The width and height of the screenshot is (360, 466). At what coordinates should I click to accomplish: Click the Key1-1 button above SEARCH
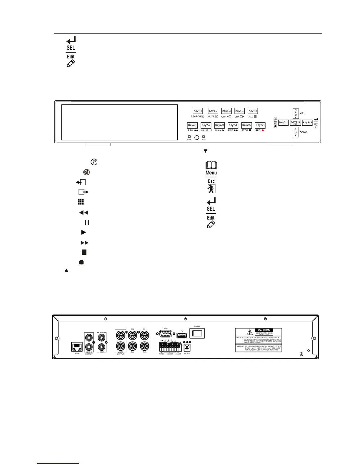[x=198, y=111]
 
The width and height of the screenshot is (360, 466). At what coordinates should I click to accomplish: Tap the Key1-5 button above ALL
[x=253, y=111]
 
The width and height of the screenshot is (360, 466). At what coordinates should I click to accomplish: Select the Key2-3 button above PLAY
[x=219, y=125]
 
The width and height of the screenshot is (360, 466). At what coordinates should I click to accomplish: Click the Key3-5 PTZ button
[x=295, y=122]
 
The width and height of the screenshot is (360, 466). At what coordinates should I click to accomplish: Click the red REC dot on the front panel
[x=263, y=130]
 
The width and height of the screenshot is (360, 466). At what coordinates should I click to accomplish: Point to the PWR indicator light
[x=189, y=137]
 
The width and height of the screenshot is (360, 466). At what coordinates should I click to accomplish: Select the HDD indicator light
[x=204, y=137]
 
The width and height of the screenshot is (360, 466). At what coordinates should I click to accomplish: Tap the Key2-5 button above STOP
[x=246, y=125]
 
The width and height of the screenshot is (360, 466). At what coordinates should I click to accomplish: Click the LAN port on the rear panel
[x=77, y=347]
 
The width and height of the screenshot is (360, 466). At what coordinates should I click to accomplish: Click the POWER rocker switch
[x=197, y=333]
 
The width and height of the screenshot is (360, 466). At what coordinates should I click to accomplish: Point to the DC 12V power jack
[x=187, y=347]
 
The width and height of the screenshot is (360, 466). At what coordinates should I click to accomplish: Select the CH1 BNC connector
[x=144, y=335]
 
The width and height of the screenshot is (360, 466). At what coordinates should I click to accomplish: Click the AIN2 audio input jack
[x=101, y=346]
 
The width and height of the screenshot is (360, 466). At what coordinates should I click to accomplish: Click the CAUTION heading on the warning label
[x=264, y=330]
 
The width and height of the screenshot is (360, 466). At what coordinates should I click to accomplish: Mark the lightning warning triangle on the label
[x=250, y=332]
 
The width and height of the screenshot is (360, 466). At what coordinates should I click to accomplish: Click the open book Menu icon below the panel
[x=211, y=165]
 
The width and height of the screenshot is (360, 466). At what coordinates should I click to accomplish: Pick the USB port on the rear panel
[x=181, y=335]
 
